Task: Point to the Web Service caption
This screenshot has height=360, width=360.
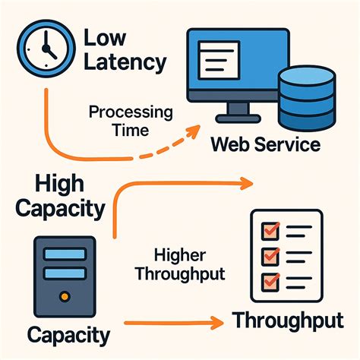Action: coord(266,144)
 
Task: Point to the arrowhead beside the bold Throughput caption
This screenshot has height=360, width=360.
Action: coord(225,322)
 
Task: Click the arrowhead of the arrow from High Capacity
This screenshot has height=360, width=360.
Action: coord(246,183)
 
